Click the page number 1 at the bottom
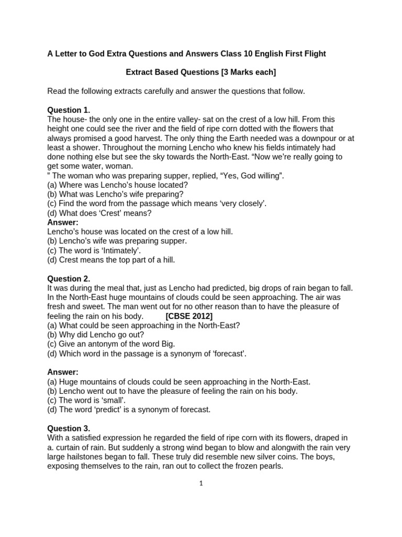201,483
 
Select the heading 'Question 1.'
69,110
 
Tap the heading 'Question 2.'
69,278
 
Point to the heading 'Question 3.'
69,428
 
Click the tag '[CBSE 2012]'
189,316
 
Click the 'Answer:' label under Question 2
63,372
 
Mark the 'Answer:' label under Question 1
63,222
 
